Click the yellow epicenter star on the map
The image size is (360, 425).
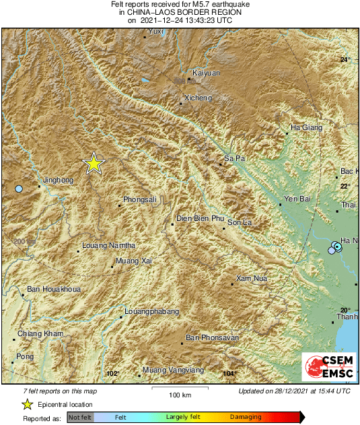94,163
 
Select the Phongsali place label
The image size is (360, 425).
140,199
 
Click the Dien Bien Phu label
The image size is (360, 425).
200,218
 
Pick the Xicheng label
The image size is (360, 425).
198,98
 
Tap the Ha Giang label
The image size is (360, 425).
306,127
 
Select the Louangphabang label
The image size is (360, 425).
152,312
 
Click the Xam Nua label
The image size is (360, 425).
253,277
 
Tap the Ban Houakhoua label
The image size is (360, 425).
53,290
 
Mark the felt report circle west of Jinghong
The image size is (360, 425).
20,189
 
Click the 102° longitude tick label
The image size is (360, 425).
112,373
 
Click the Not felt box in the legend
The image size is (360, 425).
80,418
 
